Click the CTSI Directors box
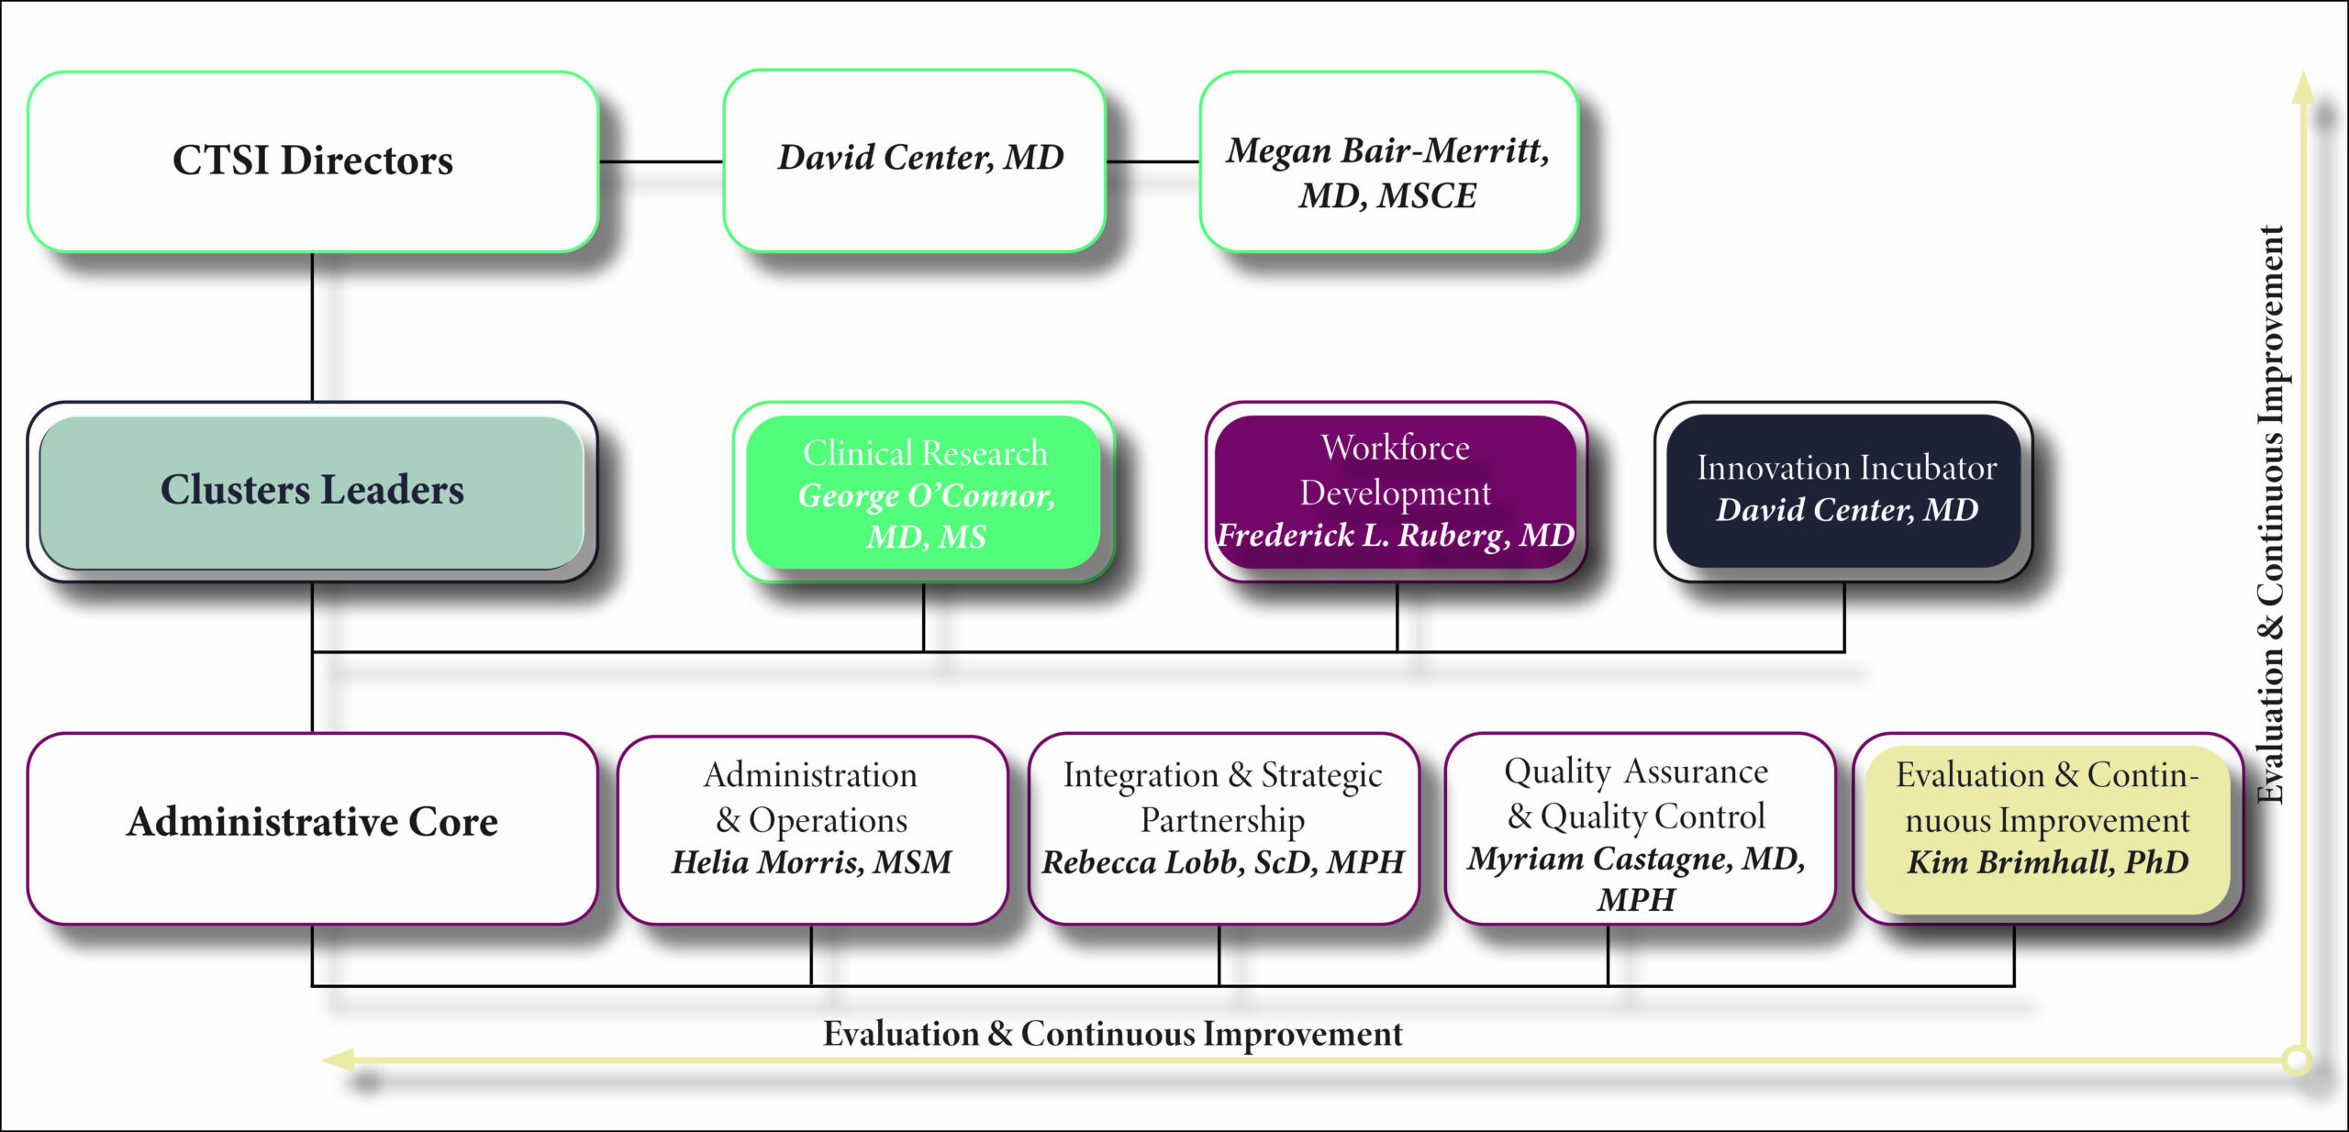coord(313,161)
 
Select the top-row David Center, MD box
coord(915,161)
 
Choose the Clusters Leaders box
coord(312,492)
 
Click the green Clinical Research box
coord(924,493)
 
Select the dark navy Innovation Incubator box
coord(1844,491)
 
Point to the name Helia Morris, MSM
coord(812,862)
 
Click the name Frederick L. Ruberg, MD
coord(1396,535)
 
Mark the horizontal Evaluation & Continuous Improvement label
coord(1112,1034)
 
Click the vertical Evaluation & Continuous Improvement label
coord(2270,514)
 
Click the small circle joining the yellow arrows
coord(2297,1060)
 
